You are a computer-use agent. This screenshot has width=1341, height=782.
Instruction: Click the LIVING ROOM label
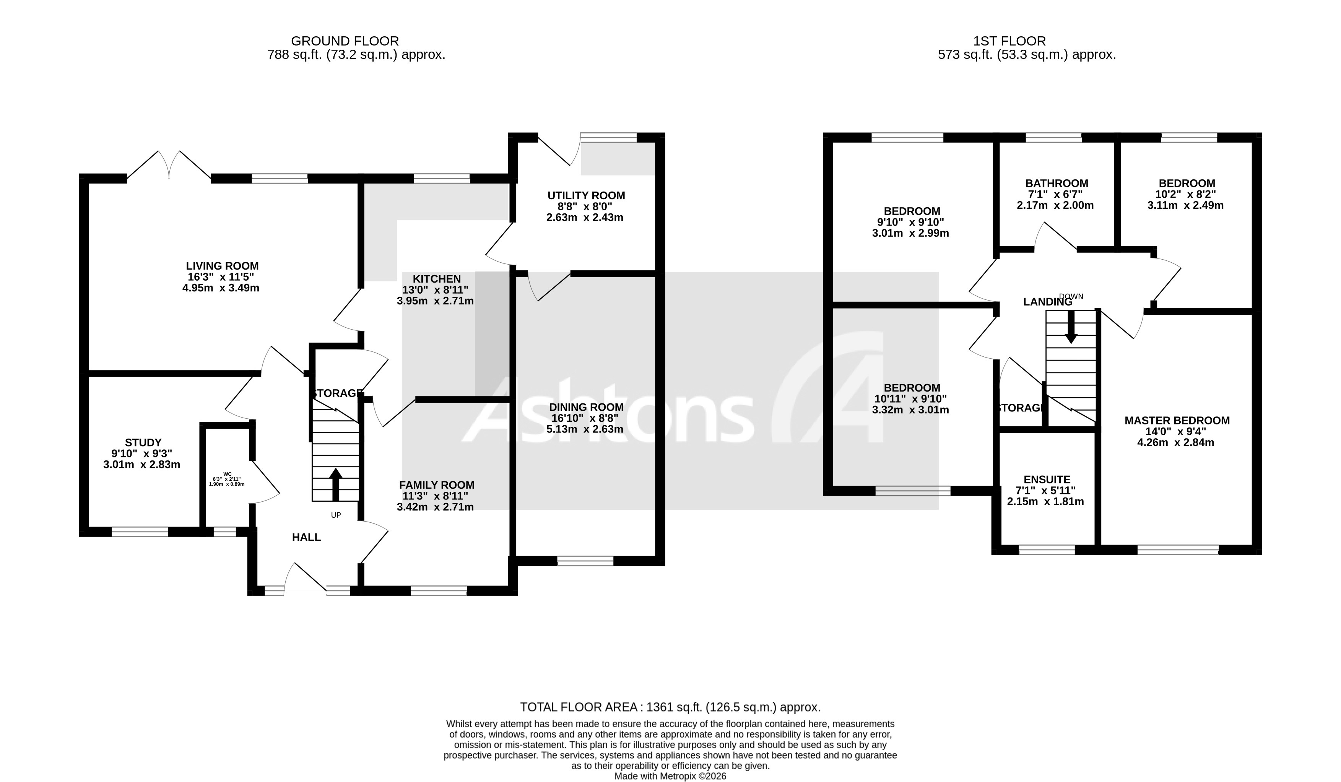pyautogui.click(x=223, y=266)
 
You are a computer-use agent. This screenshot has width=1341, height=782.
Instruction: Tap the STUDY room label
pyautogui.click(x=143, y=443)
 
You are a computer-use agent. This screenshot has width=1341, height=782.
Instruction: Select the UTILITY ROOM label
pyautogui.click(x=586, y=196)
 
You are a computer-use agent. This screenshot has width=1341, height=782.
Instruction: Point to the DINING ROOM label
pyautogui.click(x=586, y=408)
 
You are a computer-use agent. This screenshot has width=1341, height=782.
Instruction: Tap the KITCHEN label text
pyautogui.click(x=436, y=279)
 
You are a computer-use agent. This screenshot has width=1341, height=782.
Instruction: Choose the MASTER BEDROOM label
pyautogui.click(x=1177, y=421)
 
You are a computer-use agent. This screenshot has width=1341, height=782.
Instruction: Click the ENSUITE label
pyautogui.click(x=1046, y=480)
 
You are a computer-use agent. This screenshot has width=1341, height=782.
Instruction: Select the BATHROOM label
pyautogui.click(x=1056, y=184)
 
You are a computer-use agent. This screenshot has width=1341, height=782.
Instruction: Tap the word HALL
pyautogui.click(x=307, y=538)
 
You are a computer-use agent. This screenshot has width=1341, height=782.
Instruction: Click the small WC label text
pyautogui.click(x=227, y=474)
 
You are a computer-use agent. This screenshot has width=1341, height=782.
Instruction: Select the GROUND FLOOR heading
pyautogui.click(x=345, y=41)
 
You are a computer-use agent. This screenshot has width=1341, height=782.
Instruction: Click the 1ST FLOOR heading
pyautogui.click(x=1009, y=41)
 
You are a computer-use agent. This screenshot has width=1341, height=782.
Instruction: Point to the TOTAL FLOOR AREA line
pyautogui.click(x=670, y=707)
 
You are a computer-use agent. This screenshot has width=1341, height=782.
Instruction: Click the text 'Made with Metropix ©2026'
pyautogui.click(x=670, y=776)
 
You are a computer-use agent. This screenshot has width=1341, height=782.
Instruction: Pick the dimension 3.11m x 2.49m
pyautogui.click(x=1185, y=205)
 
